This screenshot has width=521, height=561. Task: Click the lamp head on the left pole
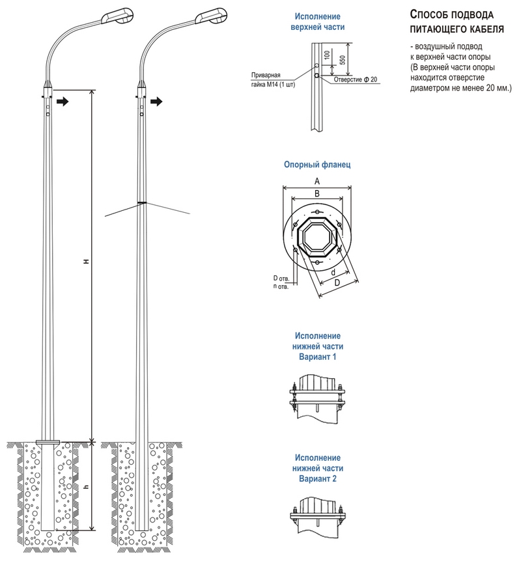tap(117, 14)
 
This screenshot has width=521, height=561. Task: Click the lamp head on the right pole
tap(210, 14)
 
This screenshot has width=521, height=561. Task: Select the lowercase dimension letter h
tap(85, 486)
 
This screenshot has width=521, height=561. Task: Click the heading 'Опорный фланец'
tap(317, 165)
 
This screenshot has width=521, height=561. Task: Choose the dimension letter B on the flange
tap(317, 193)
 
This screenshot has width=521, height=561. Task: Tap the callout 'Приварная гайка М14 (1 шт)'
tap(274, 79)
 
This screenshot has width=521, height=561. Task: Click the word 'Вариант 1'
tap(318, 357)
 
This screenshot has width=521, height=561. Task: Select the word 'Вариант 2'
tap(318, 478)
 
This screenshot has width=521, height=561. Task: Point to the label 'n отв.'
tap(281, 286)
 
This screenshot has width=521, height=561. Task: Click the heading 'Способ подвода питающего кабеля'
tap(455, 21)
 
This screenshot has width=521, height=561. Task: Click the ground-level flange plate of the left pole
tap(48, 443)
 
